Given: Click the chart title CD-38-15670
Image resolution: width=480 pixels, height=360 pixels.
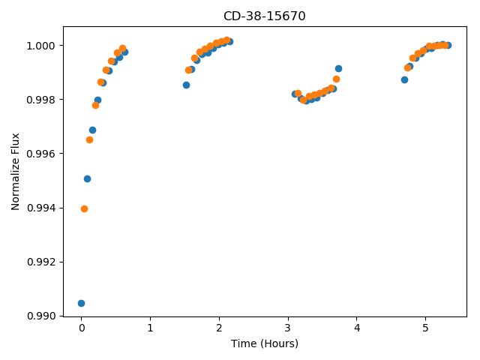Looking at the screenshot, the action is pyautogui.click(x=265, y=16).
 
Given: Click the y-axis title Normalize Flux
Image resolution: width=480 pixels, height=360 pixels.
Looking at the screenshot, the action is pyautogui.click(x=15, y=172).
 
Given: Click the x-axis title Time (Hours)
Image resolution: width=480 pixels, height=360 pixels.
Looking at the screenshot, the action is pyautogui.click(x=265, y=343).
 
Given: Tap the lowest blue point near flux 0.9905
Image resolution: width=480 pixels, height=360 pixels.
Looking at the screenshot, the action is pyautogui.click(x=81, y=303).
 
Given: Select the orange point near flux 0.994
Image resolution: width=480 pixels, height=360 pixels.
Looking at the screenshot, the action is pyautogui.click(x=84, y=209).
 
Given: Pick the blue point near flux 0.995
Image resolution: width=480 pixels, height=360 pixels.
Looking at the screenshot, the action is pyautogui.click(x=87, y=178).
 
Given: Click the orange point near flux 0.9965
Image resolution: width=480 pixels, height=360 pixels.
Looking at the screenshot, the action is pyautogui.click(x=89, y=140).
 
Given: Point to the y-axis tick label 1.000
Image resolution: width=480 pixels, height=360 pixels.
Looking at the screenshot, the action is pyautogui.click(x=40, y=46).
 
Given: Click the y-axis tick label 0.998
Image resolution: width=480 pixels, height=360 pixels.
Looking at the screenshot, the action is pyautogui.click(x=40, y=100).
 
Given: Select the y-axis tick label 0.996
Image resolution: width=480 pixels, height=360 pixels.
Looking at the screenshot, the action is pyautogui.click(x=40, y=154).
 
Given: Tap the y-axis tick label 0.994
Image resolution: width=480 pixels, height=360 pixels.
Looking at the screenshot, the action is pyautogui.click(x=40, y=208).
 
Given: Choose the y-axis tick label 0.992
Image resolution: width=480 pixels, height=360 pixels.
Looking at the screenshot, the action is pyautogui.click(x=40, y=262).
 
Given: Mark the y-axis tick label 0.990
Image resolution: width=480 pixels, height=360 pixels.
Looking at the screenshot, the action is pyautogui.click(x=40, y=316).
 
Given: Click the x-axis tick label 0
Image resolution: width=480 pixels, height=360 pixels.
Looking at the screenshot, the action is pyautogui.click(x=82, y=328).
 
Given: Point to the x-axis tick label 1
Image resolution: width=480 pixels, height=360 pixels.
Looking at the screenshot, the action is pyautogui.click(x=150, y=328).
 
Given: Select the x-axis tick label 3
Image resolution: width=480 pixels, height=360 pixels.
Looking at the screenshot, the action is pyautogui.click(x=288, y=328).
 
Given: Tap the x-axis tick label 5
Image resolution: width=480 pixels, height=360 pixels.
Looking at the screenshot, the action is pyautogui.click(x=425, y=328).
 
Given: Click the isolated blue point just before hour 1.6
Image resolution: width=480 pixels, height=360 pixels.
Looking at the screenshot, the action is pyautogui.click(x=186, y=85).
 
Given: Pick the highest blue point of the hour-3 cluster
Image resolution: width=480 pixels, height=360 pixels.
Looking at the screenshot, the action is pyautogui.click(x=338, y=68).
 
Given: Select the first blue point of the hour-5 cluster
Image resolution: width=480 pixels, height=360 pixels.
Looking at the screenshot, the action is pyautogui.click(x=404, y=80).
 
